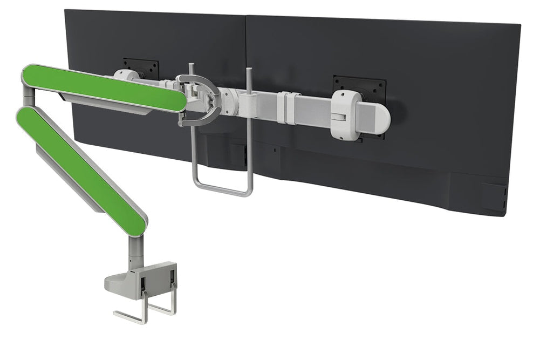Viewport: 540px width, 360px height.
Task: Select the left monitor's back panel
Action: (x=162, y=38)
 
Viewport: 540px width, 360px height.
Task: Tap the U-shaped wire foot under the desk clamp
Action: (x=146, y=313)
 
